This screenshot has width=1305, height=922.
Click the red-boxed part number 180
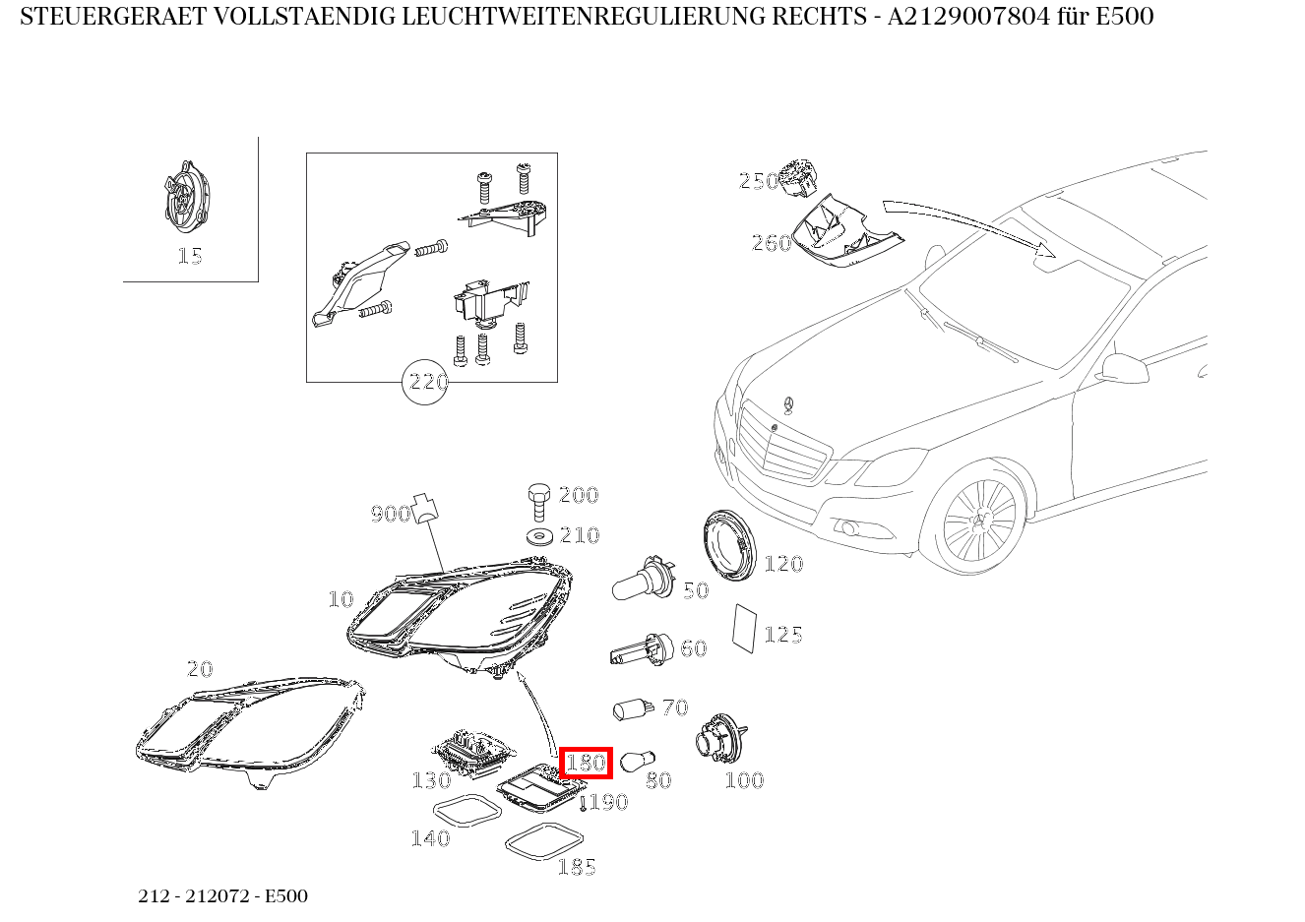pos(586,763)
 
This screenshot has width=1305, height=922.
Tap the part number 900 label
pos(391,514)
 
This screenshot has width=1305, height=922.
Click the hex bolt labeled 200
pos(539,502)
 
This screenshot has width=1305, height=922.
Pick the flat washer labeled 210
pos(540,536)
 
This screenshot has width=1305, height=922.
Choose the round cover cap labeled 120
pos(729,545)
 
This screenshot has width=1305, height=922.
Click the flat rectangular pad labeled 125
pos(744,629)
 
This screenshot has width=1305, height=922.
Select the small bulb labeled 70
pos(633,709)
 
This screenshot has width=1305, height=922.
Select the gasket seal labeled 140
pos(467,810)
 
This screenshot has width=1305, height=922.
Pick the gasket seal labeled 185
pos(544,840)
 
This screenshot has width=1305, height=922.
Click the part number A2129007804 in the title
pos(968,17)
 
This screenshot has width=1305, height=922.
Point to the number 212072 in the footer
pos(217,895)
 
